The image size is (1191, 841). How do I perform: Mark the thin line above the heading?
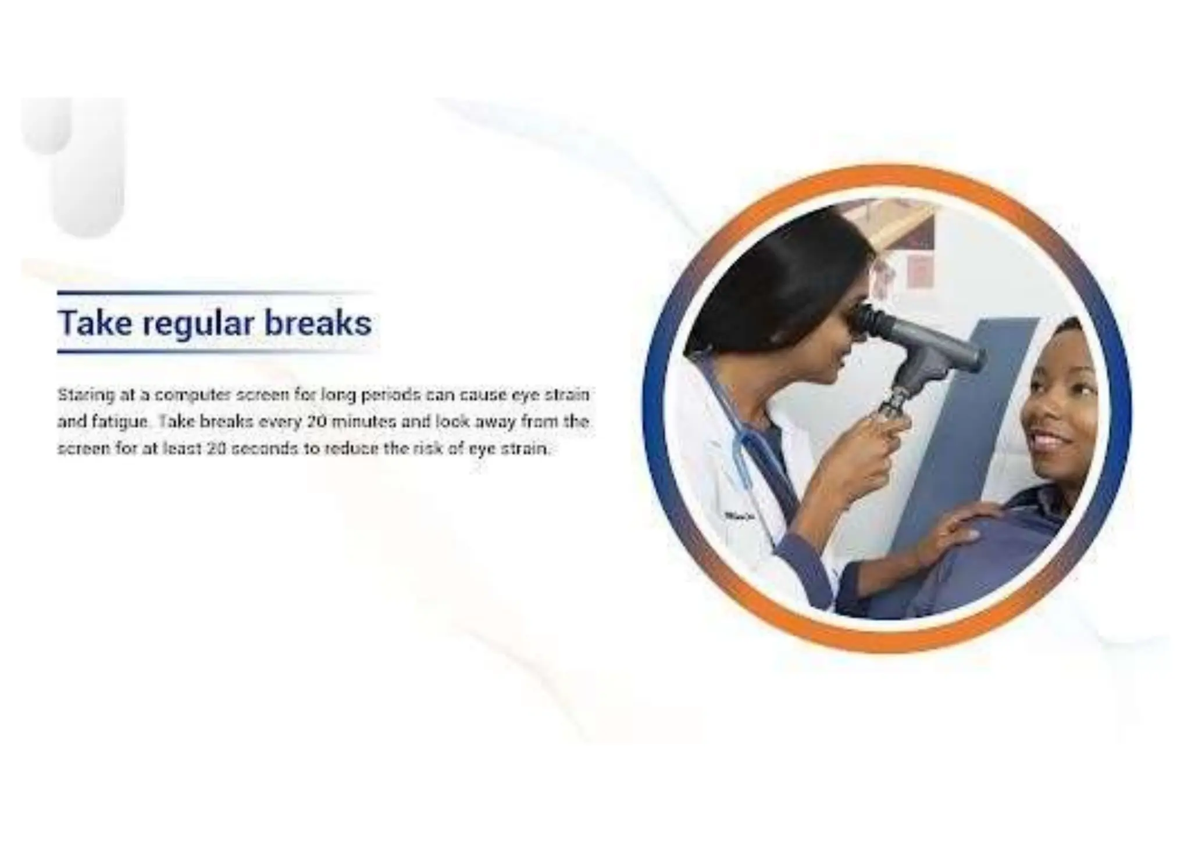click(215, 292)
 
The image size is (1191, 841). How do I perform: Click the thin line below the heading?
click(215, 352)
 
